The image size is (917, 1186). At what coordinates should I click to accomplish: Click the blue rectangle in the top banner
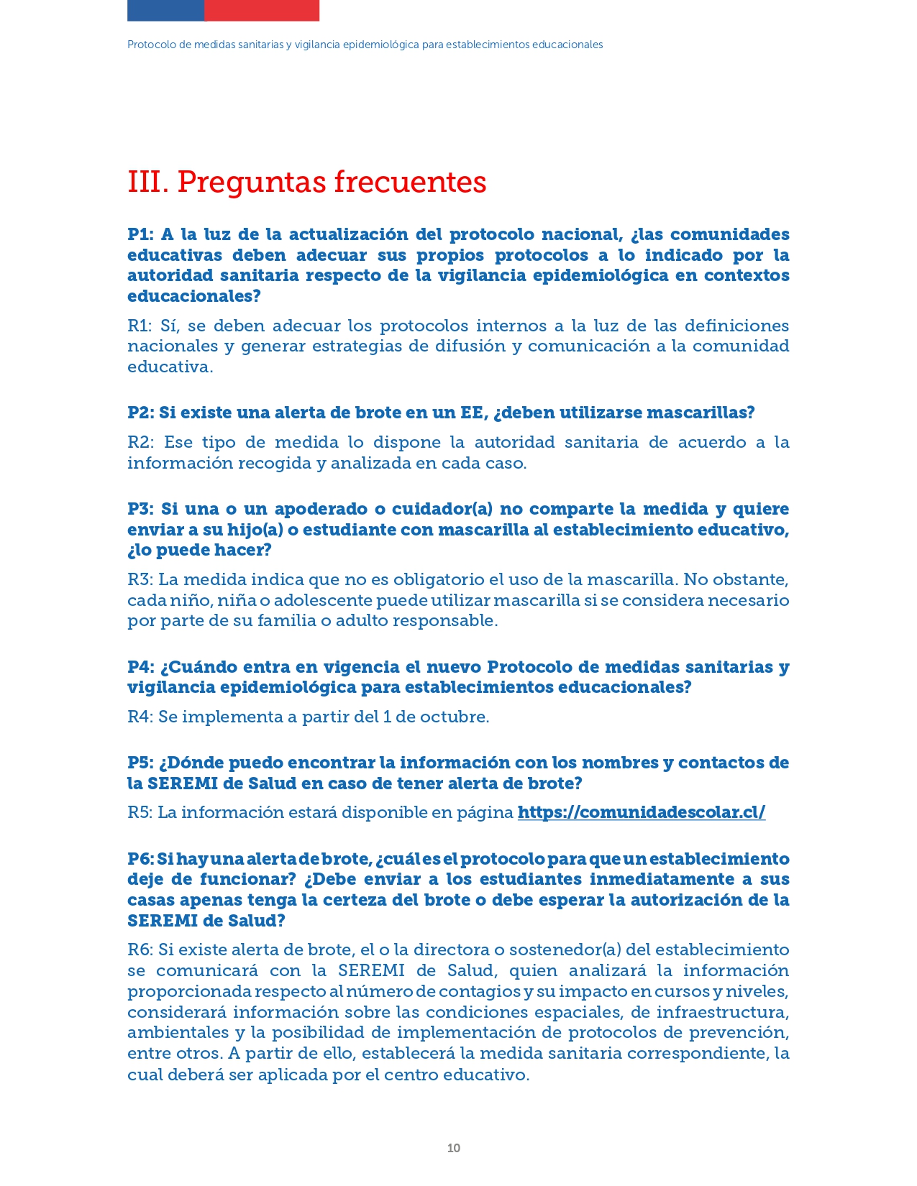point(165,10)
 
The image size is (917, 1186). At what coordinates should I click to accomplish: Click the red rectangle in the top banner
point(262,10)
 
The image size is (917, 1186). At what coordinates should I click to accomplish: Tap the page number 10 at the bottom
point(453,1148)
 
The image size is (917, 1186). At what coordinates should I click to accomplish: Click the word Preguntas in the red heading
point(249,182)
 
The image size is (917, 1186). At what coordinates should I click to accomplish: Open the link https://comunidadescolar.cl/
point(641,812)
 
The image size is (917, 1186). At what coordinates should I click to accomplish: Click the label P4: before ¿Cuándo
point(141,667)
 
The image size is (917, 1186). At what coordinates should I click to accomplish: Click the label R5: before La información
point(140,812)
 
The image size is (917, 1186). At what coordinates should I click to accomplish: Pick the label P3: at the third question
point(141,509)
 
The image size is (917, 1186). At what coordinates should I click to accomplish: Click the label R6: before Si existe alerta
point(140,950)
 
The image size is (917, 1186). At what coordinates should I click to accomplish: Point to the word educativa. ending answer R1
point(170,367)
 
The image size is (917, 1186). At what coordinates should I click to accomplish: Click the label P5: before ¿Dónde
point(141,763)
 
